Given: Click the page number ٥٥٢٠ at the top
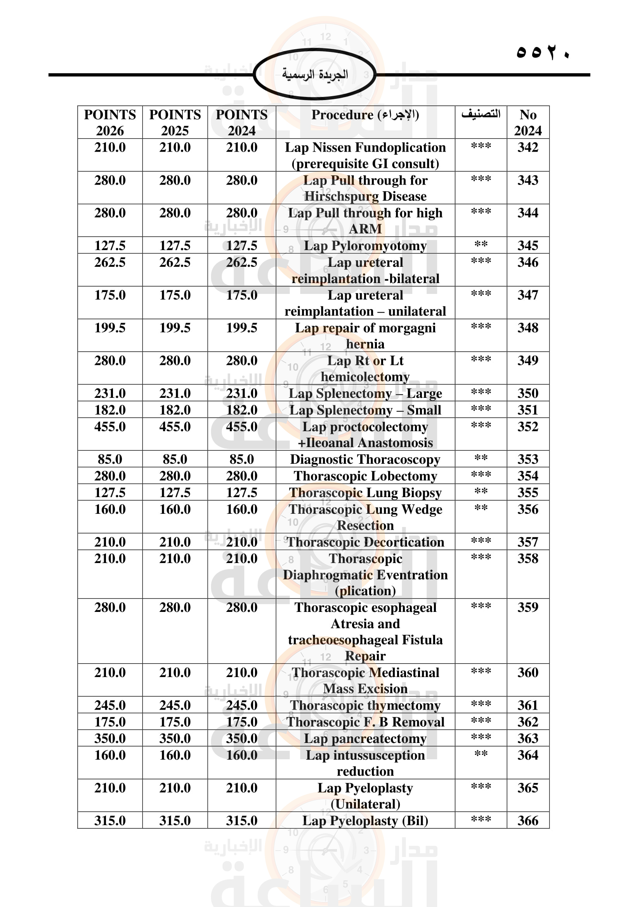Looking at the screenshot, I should click(543, 52).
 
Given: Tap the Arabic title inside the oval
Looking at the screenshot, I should click(315, 74).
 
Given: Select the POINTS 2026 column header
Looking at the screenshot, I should click(110, 123).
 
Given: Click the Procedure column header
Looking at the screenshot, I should click(365, 115).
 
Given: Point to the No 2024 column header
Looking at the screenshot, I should click(528, 123).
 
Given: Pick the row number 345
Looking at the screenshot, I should click(528, 246).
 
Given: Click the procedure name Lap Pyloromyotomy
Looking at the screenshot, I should click(365, 246).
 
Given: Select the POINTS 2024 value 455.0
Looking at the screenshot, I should click(241, 427).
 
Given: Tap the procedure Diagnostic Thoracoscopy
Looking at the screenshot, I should click(365, 460).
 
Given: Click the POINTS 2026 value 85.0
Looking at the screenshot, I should click(110, 460).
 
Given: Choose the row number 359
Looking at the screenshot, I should click(528, 607).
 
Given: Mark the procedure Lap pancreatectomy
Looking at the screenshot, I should click(365, 738).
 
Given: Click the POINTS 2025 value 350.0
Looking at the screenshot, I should click(175, 738).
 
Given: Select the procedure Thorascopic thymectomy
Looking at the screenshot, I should click(365, 705).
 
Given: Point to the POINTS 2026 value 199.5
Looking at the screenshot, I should click(110, 328).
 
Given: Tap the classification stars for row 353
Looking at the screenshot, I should click(481, 458).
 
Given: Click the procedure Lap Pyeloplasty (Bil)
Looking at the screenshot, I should click(365, 821).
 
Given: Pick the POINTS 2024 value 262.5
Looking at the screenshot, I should click(241, 262).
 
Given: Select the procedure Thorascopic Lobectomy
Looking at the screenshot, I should click(365, 476).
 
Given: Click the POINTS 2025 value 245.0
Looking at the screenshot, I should click(175, 705).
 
